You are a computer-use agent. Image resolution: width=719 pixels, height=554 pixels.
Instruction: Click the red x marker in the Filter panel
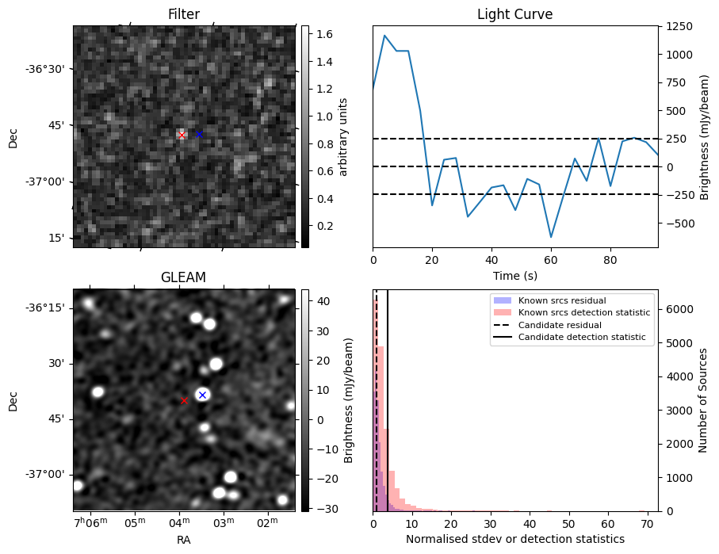pyautogui.click(x=182, y=136)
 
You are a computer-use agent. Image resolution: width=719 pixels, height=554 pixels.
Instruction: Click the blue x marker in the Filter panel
pyautogui.click(x=199, y=135)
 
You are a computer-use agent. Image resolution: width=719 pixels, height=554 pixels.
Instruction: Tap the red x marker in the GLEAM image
pyautogui.click(x=184, y=401)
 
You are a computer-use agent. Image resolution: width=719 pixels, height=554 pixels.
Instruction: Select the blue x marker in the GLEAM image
pyautogui.click(x=202, y=395)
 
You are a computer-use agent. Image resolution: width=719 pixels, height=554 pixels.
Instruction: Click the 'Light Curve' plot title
pyautogui.click(x=514, y=14)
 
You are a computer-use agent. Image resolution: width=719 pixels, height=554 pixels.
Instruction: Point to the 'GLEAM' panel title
pyautogui.click(x=183, y=277)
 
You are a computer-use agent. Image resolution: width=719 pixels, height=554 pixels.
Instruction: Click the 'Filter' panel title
pyautogui.click(x=183, y=14)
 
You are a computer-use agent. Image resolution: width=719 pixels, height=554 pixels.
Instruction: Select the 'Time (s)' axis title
pyautogui.click(x=514, y=274)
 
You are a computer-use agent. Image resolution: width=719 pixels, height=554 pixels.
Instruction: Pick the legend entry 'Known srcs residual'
pyautogui.click(x=560, y=300)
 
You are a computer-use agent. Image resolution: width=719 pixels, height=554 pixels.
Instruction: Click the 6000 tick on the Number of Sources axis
pyautogui.click(x=676, y=309)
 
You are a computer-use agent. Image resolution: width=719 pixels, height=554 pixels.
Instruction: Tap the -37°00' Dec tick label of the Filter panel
pyautogui.click(x=49, y=181)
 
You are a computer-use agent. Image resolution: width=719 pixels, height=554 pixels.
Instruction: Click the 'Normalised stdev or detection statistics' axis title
pyautogui.click(x=514, y=539)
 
